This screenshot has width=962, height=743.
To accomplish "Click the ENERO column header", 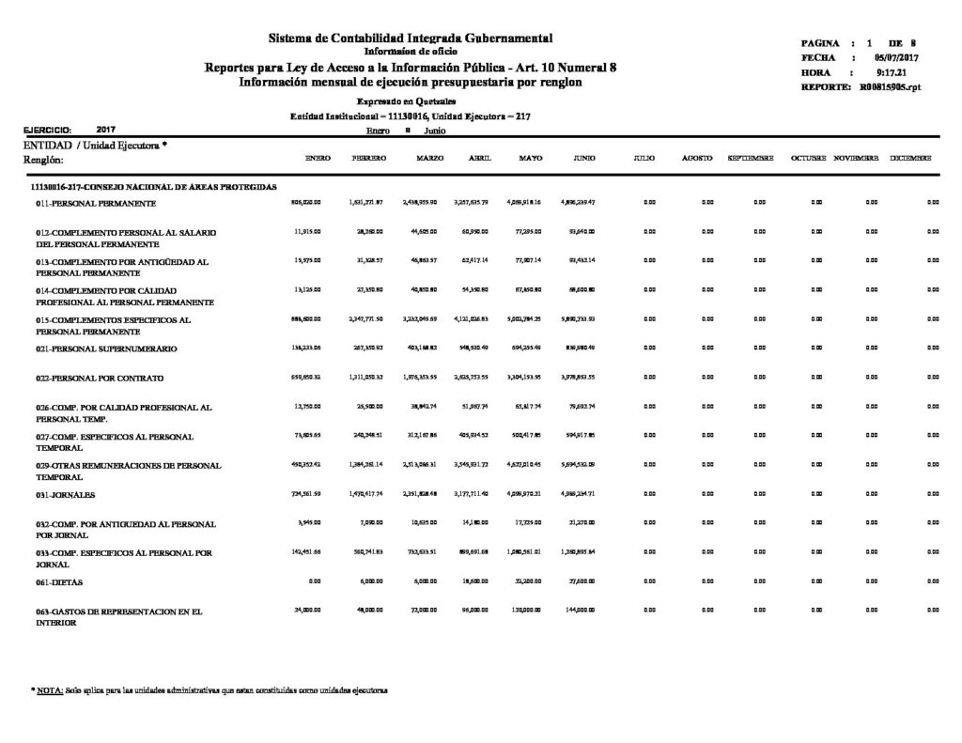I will point(318,159).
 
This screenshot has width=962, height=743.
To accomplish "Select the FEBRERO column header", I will point(369,159).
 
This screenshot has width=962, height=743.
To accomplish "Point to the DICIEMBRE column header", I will point(911,159).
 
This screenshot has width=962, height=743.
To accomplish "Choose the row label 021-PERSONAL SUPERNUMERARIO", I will point(103,348).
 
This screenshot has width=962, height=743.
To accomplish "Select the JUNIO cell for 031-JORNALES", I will point(582,492).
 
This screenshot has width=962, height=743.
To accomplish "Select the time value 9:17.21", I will point(889,72).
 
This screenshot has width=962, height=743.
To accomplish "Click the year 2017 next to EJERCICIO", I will point(106,130).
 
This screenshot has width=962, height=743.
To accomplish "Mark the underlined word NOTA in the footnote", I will point(50,690).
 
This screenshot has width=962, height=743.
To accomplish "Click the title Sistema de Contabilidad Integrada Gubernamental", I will point(411,38).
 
